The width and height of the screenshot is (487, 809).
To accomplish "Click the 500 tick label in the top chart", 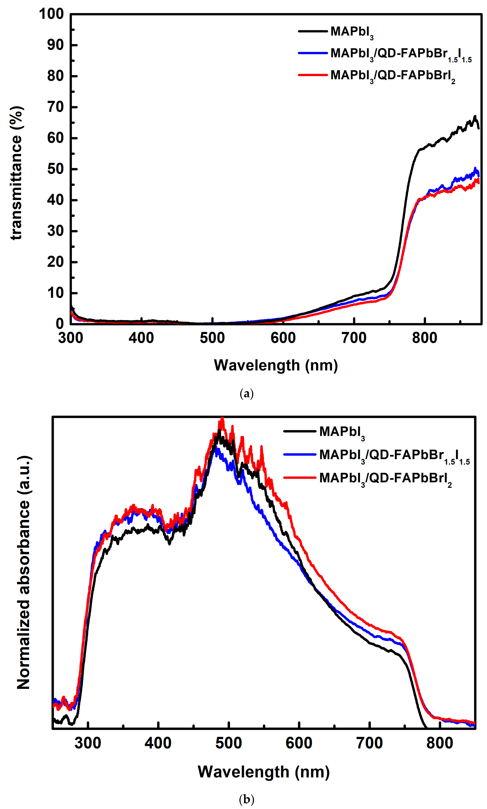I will pos(212,338).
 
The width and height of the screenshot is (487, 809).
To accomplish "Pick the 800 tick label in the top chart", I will pos(425,338).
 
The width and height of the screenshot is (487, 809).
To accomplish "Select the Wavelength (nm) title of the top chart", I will pos(276,365).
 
